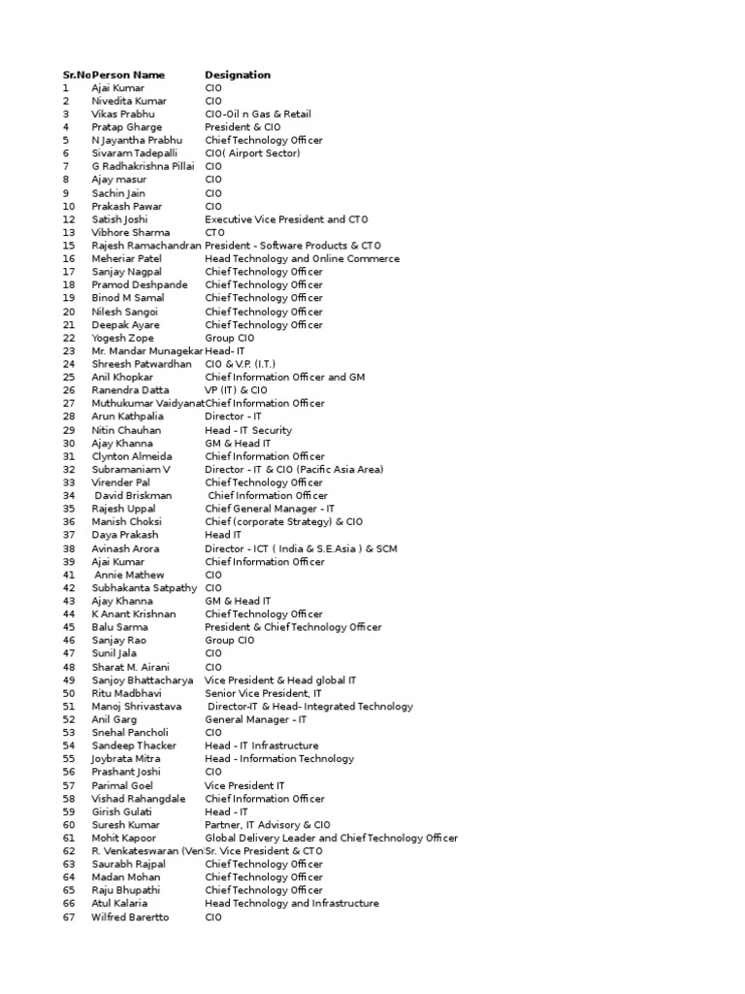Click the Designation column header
click(238, 75)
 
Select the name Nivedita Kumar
click(129, 101)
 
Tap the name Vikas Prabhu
click(123, 115)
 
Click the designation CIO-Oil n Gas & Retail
click(257, 115)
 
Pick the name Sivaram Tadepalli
click(135, 153)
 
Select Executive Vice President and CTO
click(288, 219)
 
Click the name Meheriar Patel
click(127, 259)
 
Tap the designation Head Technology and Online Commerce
click(302, 259)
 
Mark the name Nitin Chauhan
click(127, 430)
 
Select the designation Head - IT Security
click(247, 430)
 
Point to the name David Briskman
click(133, 496)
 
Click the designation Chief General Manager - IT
click(270, 509)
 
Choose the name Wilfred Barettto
click(130, 917)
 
